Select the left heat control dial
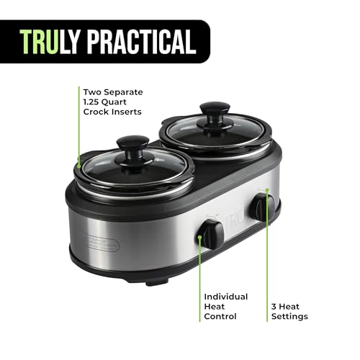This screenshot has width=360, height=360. (x=211, y=233)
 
